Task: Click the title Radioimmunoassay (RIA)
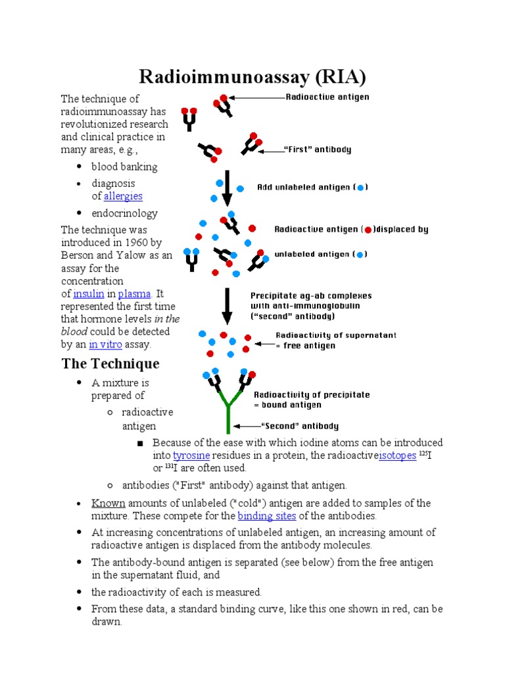point(252,78)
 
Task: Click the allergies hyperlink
point(123,196)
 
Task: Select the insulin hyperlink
point(89,294)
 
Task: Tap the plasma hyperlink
point(134,294)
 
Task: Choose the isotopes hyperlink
point(397,455)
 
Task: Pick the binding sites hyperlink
point(267,516)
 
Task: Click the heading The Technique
point(110,363)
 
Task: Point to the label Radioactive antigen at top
point(327,97)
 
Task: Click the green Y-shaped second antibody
point(228,408)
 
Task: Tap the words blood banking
point(124,167)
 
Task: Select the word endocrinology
point(124,213)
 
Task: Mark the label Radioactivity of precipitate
point(312,395)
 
